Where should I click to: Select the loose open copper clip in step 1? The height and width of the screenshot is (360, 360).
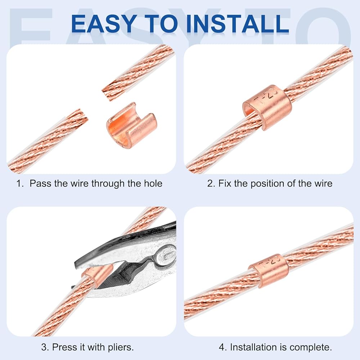pyautogui.click(x=131, y=124)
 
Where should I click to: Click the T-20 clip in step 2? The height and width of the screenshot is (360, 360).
pyautogui.click(x=267, y=107)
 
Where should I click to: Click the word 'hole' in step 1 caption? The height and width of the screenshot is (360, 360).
pyautogui.click(x=153, y=184)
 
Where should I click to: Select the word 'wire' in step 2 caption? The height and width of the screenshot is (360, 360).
pyautogui.click(x=323, y=184)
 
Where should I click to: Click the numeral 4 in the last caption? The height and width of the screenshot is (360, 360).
pyautogui.click(x=222, y=347)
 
